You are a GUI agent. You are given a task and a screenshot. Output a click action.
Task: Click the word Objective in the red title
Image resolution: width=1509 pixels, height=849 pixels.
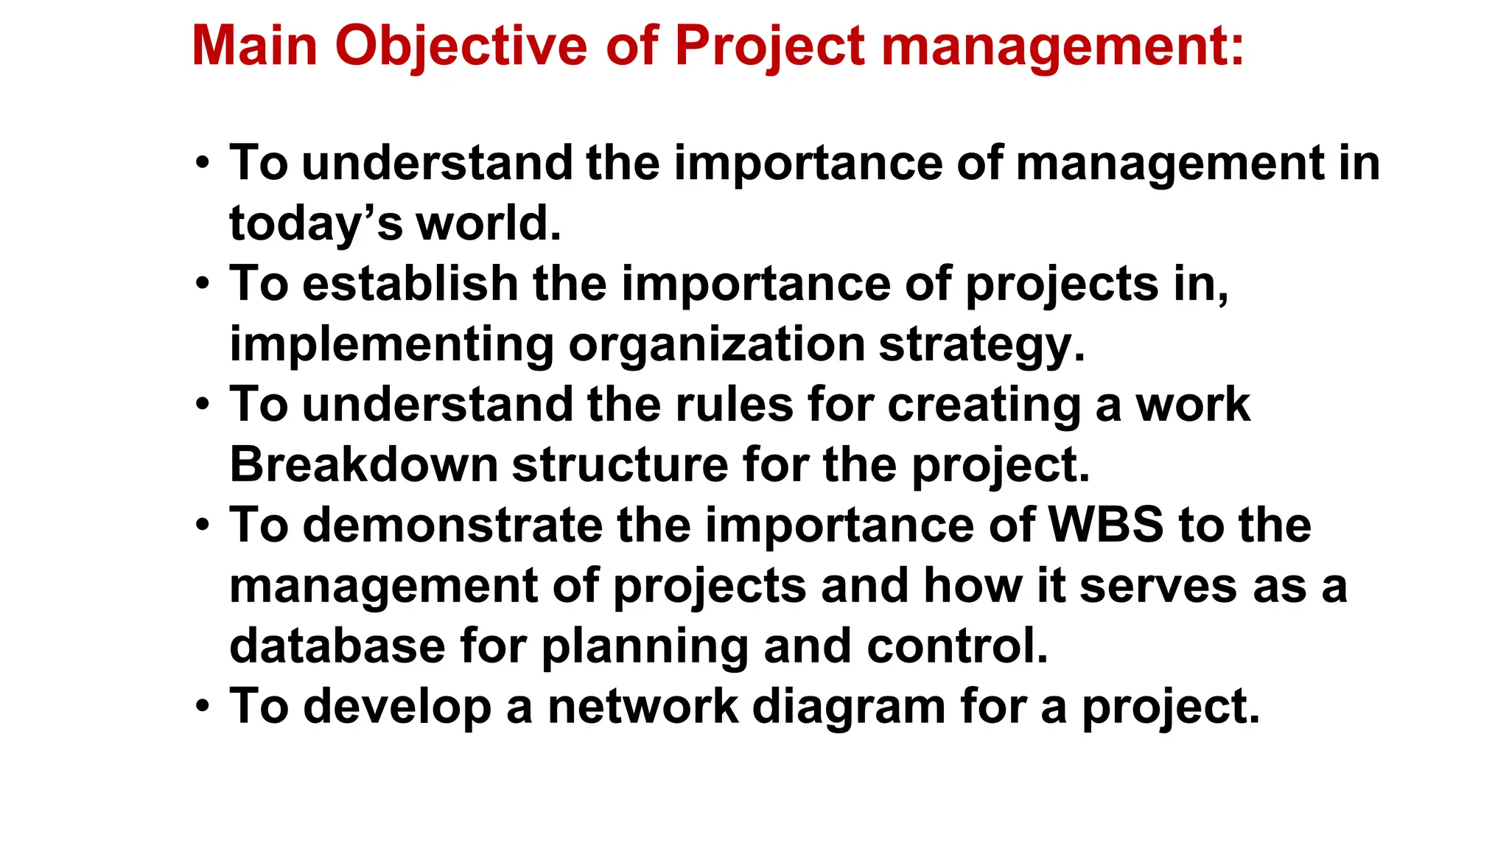(x=461, y=46)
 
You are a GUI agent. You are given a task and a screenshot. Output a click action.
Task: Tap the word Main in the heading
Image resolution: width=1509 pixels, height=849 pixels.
(x=254, y=46)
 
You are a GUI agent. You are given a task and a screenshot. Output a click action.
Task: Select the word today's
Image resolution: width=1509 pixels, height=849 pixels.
(x=315, y=224)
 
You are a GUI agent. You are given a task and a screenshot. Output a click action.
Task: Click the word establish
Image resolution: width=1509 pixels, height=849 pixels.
(x=410, y=284)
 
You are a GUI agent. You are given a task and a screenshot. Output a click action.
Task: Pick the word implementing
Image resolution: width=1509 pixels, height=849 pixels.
(x=391, y=345)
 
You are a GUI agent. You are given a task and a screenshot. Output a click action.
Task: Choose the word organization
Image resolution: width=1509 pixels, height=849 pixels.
(x=716, y=345)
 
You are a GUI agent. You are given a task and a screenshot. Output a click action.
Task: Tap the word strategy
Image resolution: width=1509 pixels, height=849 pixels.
(x=981, y=345)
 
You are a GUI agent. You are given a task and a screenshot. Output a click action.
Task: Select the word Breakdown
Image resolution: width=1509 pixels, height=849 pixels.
(x=364, y=465)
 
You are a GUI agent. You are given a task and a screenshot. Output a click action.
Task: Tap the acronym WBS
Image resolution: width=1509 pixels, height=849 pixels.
(x=1105, y=525)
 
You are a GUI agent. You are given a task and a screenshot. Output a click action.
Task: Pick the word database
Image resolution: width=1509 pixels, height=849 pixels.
(x=337, y=646)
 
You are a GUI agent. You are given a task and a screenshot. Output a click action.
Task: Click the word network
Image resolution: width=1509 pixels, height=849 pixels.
(x=643, y=707)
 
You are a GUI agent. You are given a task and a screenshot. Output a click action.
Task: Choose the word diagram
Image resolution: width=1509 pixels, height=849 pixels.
(x=848, y=707)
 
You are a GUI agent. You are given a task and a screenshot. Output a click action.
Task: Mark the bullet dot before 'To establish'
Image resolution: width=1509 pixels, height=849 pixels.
(x=203, y=284)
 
